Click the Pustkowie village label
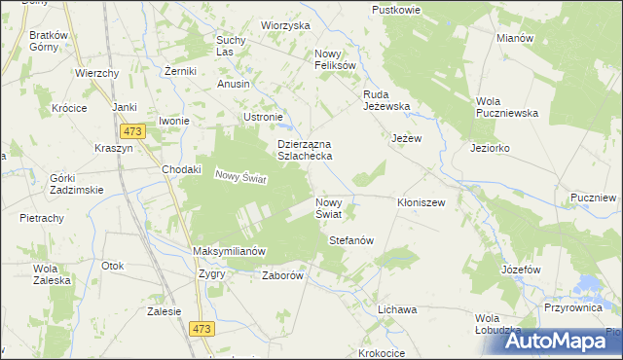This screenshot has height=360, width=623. tap(396, 9)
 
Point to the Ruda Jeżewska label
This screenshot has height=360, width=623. tap(386, 100)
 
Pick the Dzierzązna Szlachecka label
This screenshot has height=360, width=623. tap(306, 150)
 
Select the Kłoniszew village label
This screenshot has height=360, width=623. tap(421, 202)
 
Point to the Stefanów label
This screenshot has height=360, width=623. tap(351, 239)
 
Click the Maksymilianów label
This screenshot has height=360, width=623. tap(230, 251)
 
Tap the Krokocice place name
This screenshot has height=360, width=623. tap(381, 353)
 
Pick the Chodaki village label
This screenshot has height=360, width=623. tap(181, 168)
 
